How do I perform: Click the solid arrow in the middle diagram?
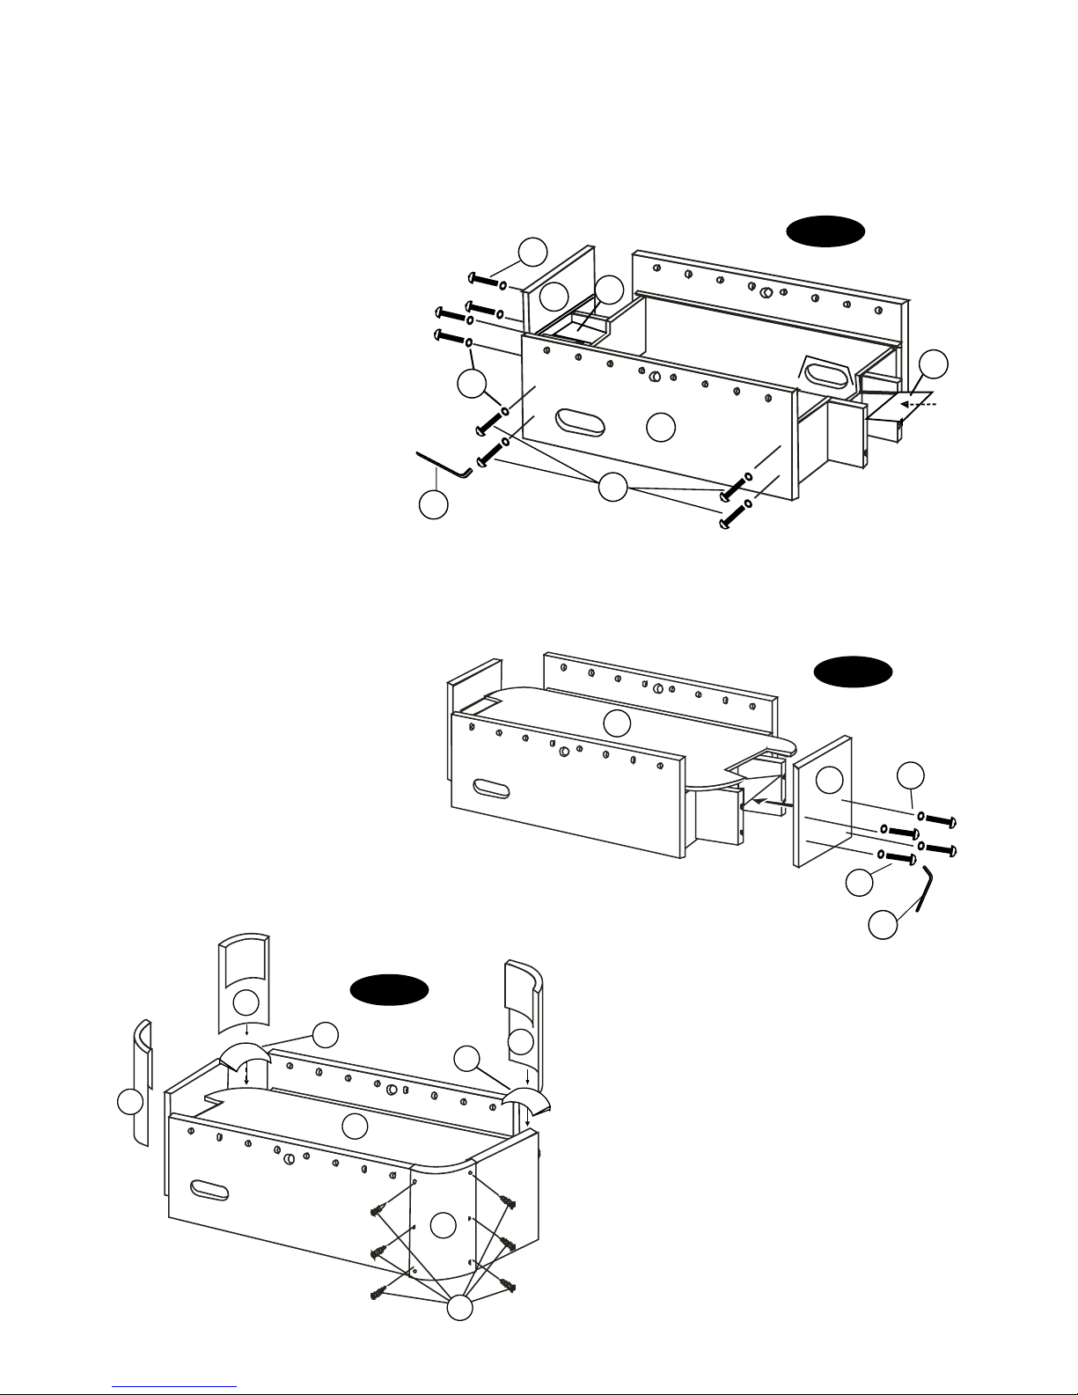pos(771,801)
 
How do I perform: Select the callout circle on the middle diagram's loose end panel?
pos(828,780)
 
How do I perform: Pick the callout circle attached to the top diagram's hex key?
pos(432,505)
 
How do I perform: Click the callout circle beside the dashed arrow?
pos(935,364)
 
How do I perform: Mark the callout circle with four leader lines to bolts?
pos(612,488)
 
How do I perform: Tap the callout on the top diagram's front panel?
pos(660,427)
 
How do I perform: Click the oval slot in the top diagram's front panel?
pos(580,422)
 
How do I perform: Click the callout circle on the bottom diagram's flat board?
pos(355,1125)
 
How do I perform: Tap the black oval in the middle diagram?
pos(852,673)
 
